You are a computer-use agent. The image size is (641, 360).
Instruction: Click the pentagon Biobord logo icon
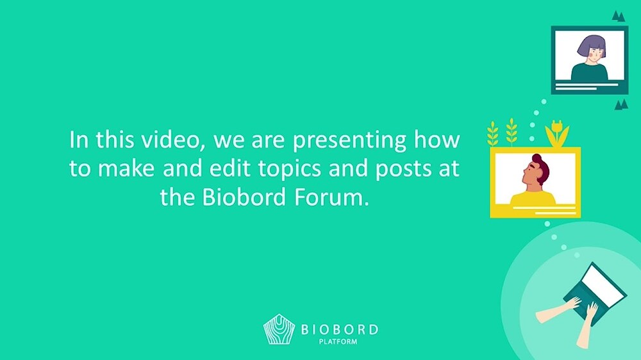(279, 329)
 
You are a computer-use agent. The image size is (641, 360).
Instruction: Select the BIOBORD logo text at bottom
(339, 329)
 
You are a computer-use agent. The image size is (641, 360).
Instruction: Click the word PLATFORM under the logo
(338, 341)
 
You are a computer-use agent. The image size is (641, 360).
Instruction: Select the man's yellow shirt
(533, 197)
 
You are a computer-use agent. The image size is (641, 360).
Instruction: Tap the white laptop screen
(603, 286)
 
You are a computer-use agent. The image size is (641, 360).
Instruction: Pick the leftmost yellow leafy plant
(492, 133)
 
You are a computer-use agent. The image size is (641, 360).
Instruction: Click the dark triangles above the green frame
(619, 17)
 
